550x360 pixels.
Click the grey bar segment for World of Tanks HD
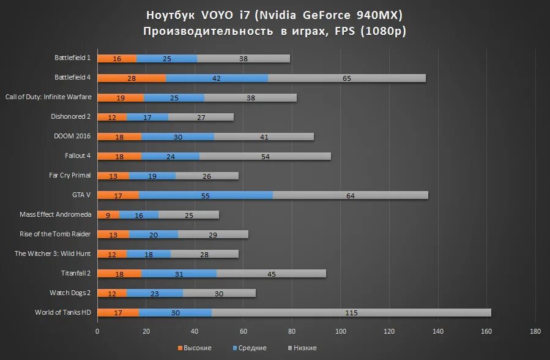click(351, 313)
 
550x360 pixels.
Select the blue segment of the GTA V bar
click(206, 195)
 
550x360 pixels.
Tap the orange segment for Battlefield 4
click(131, 78)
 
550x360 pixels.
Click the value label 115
click(351, 313)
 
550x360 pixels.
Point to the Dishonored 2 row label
click(71, 116)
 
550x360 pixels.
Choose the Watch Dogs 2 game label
click(70, 293)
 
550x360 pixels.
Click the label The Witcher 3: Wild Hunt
click(53, 253)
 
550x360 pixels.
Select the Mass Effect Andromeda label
click(56, 214)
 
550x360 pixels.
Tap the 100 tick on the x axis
click(341, 331)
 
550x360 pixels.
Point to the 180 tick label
click(535, 331)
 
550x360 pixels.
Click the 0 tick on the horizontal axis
click(97, 331)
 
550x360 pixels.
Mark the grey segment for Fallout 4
click(265, 156)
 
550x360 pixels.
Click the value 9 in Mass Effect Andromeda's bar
click(108, 215)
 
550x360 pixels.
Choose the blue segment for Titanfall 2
click(179, 274)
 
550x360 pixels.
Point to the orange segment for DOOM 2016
click(119, 137)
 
